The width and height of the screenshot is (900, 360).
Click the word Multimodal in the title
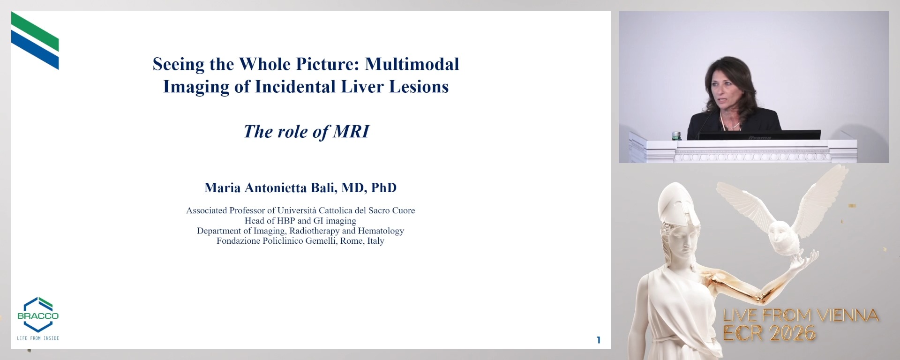pyautogui.click(x=412, y=64)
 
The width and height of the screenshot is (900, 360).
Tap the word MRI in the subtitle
pyautogui.click(x=351, y=132)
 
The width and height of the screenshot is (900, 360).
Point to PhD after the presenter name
pyautogui.click(x=383, y=188)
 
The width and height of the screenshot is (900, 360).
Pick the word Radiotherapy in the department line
pyautogui.click(x=314, y=231)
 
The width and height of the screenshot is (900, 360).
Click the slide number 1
pyautogui.click(x=598, y=340)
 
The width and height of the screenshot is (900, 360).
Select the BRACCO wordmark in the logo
pyautogui.click(x=38, y=316)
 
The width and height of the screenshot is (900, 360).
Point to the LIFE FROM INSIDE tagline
pyautogui.click(x=38, y=338)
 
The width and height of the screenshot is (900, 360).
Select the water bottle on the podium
pyautogui.click(x=676, y=136)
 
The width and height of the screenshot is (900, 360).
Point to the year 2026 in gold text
pyautogui.click(x=792, y=333)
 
